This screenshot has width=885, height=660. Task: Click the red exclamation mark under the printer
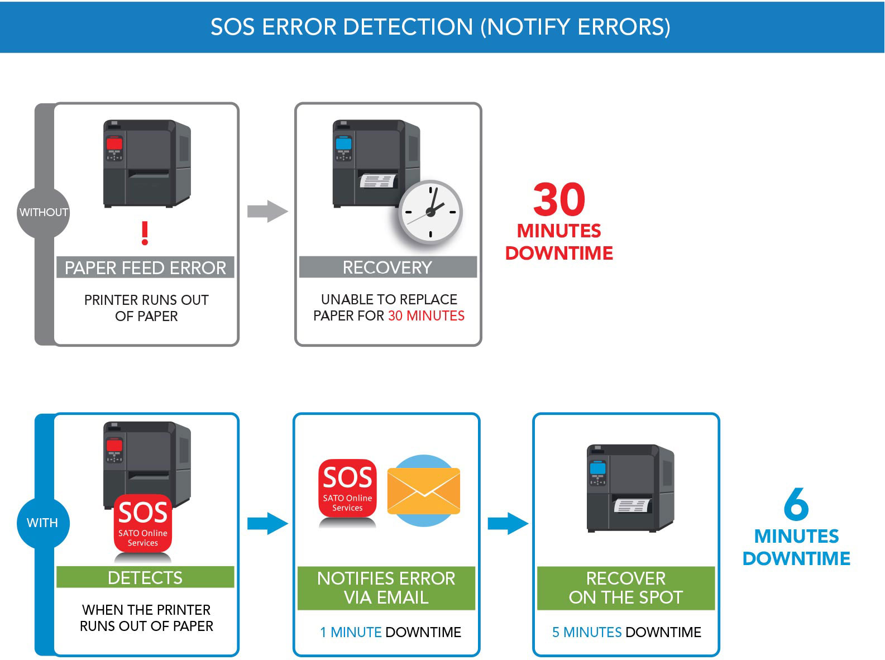[x=145, y=233]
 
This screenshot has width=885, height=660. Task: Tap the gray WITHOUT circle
[x=44, y=212]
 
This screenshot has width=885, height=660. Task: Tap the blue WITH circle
[x=43, y=523]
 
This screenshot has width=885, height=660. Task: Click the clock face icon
[x=430, y=212]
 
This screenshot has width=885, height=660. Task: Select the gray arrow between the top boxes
[x=267, y=211]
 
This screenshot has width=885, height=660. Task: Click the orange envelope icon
[x=424, y=491]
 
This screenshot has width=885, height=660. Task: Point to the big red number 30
[x=559, y=200]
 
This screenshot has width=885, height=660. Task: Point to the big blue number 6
[x=796, y=504]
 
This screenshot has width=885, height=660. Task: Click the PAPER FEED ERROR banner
[x=145, y=267]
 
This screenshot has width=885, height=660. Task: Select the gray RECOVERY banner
[x=388, y=267]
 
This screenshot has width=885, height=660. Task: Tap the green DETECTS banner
[x=145, y=577]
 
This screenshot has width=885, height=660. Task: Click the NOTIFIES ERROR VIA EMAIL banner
[x=386, y=587]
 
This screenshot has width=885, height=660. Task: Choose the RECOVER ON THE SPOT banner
[x=625, y=587]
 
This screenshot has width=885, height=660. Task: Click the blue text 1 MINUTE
[x=351, y=632]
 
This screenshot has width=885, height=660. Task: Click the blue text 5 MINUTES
[x=587, y=632]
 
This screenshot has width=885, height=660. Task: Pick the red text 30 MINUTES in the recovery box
[x=426, y=316]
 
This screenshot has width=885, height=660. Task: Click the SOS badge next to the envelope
[x=347, y=488]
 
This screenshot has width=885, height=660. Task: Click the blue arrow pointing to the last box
[x=508, y=523]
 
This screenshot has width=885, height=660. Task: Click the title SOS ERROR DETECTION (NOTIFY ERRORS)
[x=440, y=27]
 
